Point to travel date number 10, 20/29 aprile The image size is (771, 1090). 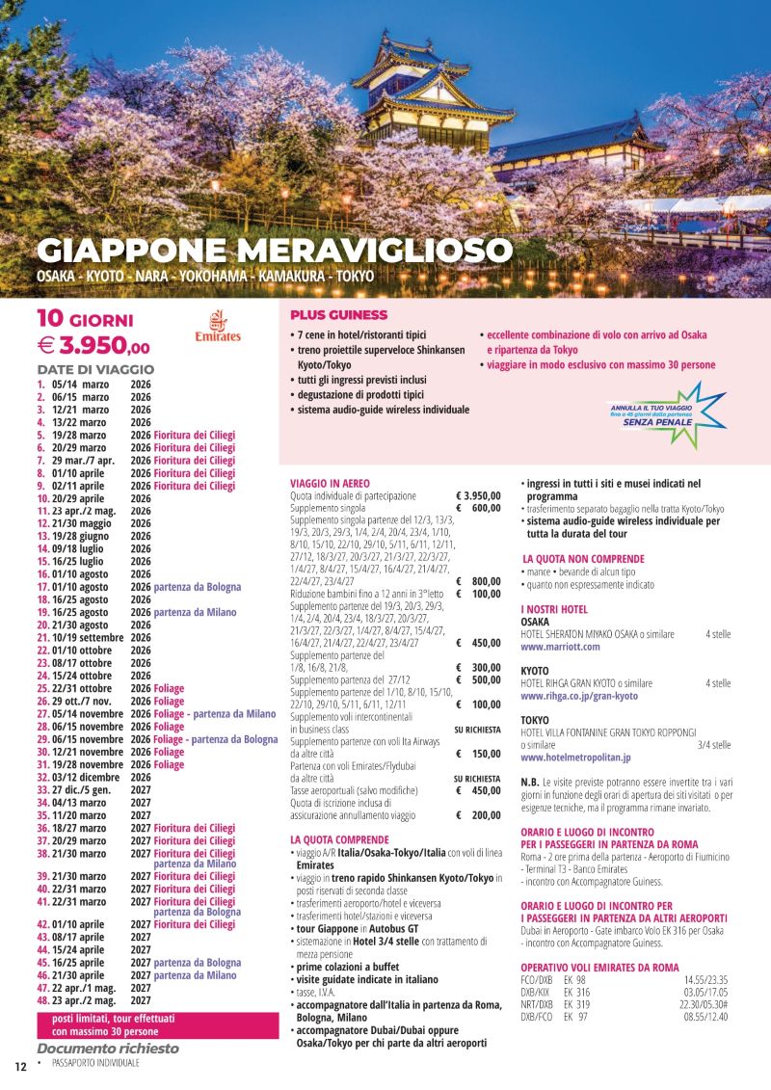[71, 498]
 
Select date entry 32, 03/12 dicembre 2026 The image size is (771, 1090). [83, 777]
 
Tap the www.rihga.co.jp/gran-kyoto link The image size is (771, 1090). [578, 696]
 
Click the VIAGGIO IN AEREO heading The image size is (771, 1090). [330, 483]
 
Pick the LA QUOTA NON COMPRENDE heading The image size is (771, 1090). [583, 559]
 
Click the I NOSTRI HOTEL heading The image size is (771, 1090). [554, 609]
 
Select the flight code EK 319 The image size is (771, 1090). [576, 1003]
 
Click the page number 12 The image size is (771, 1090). [19, 1065]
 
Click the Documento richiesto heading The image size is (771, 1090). [108, 1049]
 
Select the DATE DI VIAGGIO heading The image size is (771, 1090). [95, 369]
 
